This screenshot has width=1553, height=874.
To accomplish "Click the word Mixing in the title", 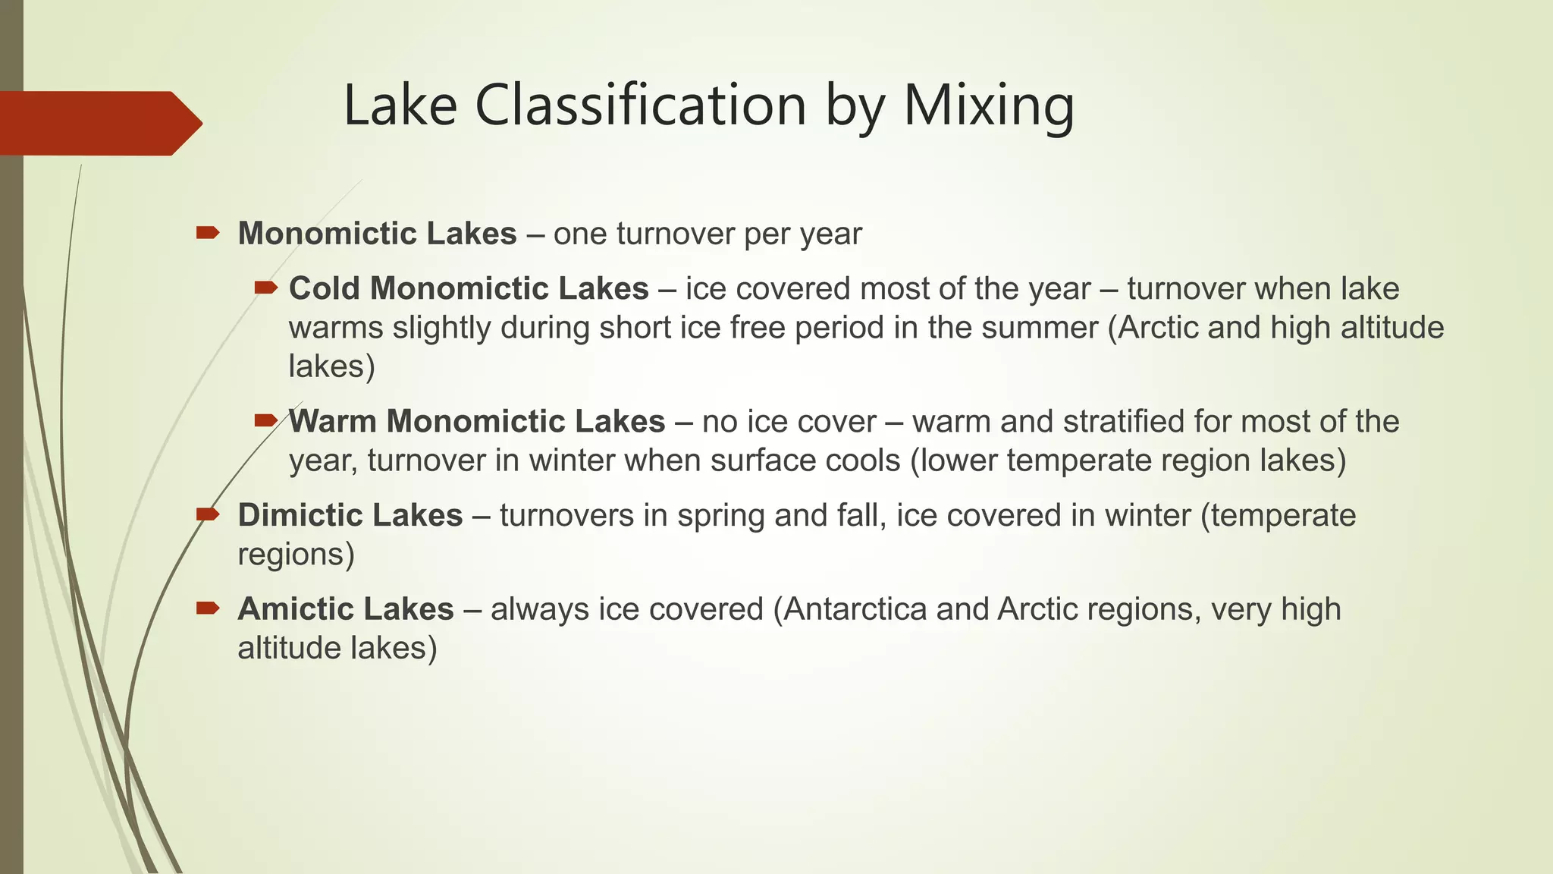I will click(988, 105).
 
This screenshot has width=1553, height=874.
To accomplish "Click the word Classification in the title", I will click(641, 105).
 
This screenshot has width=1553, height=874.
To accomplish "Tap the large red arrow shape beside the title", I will click(99, 123).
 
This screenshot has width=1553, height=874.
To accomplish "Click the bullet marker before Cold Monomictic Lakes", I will click(266, 288).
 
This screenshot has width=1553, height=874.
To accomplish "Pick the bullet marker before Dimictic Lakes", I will click(207, 514).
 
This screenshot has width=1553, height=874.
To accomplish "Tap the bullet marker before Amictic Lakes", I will click(207, 608).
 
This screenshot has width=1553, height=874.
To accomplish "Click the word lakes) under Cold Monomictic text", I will click(331, 366).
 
